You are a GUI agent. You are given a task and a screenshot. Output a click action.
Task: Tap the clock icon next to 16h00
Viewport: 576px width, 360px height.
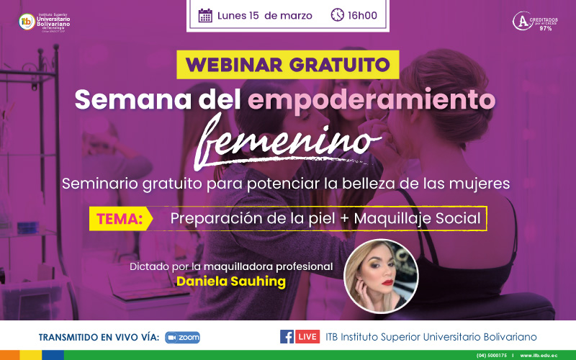338,15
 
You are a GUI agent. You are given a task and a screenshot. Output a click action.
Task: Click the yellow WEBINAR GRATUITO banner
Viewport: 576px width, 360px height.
288,64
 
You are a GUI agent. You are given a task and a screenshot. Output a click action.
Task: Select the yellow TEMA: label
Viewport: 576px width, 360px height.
122,217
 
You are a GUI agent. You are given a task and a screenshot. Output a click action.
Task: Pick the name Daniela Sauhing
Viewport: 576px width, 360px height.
230,282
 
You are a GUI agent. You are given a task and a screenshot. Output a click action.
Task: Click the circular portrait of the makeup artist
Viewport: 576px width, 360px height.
381,276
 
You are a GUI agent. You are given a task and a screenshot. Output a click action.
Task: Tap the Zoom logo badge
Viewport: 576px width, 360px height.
182,337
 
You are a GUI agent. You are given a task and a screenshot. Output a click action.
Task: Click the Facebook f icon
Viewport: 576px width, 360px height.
287,337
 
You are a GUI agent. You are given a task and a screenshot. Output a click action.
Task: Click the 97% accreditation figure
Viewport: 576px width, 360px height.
545,28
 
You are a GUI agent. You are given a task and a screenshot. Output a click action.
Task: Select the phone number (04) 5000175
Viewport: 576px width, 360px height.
491,356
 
